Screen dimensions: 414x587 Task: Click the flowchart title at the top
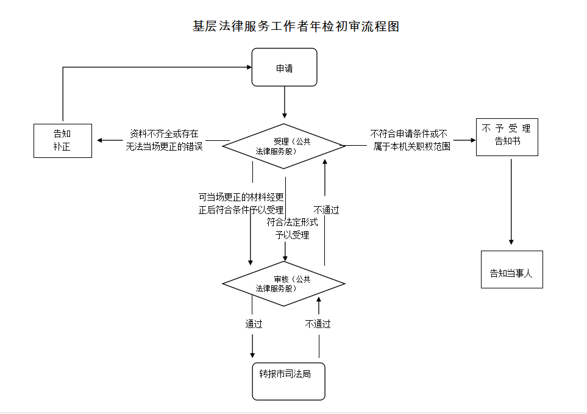click(x=296, y=27)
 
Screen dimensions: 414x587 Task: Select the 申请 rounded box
click(x=285, y=68)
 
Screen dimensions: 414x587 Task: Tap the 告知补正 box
click(x=62, y=141)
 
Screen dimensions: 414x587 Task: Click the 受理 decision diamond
click(x=284, y=146)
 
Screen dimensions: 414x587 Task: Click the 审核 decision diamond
click(x=284, y=284)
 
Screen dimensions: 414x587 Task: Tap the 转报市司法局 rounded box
click(x=288, y=381)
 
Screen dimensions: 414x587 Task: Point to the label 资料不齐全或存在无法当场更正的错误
click(x=164, y=140)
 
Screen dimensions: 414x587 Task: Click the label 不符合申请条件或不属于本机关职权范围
click(x=410, y=140)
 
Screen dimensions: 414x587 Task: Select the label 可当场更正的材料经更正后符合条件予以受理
click(x=241, y=203)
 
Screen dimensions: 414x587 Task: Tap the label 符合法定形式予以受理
click(x=292, y=228)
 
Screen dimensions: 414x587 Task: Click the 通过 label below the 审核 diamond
click(x=254, y=324)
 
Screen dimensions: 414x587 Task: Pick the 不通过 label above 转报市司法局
click(x=318, y=324)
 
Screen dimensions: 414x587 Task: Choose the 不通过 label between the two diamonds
click(x=326, y=210)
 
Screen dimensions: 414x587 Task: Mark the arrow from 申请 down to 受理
click(x=285, y=101)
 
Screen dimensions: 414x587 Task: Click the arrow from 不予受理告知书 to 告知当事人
click(x=511, y=201)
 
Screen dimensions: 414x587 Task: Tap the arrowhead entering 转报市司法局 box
click(x=252, y=355)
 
